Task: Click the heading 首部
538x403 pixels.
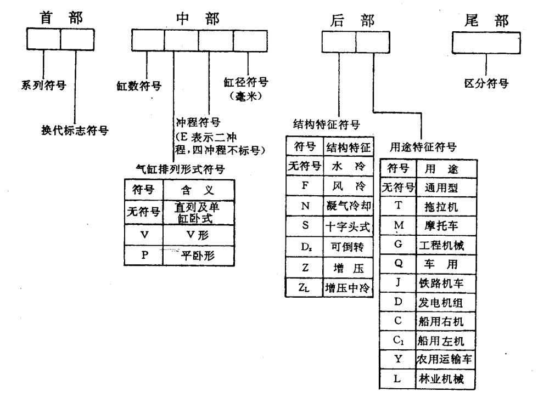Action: [61, 18]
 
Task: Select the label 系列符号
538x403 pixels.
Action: [43, 84]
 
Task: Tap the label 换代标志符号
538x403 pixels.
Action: [75, 130]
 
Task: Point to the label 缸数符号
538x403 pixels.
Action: [139, 86]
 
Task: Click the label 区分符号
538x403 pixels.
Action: [486, 83]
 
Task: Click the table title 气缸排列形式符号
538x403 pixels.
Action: [181, 169]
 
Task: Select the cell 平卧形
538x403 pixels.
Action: [198, 256]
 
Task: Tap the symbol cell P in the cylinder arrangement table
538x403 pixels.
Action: [144, 255]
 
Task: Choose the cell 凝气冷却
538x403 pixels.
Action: [348, 206]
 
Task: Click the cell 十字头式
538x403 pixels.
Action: [348, 226]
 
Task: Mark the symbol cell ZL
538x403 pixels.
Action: [304, 287]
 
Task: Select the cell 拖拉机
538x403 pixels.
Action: [441, 207]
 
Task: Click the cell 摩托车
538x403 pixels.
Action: [441, 225]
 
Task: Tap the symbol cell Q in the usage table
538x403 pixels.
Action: [398, 263]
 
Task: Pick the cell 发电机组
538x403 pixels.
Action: [440, 303]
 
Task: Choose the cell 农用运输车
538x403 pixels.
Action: [444, 359]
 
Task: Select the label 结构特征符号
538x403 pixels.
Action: [327, 124]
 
